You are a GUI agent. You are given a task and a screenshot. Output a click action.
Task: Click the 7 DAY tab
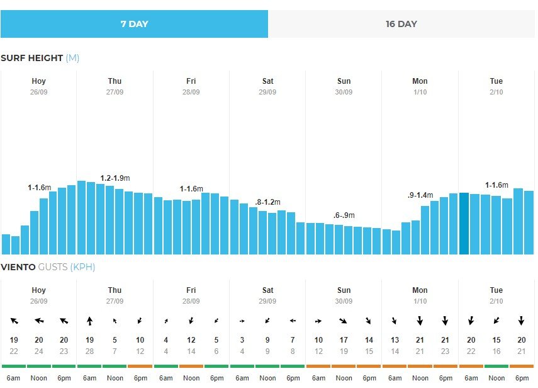134,25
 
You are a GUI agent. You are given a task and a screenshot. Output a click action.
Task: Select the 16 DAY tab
401,25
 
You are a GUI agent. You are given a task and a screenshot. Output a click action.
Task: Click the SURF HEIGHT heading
31,58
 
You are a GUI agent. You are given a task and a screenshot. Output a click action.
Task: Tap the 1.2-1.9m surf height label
115,178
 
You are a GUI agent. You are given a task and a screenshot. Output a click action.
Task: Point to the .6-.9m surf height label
344,215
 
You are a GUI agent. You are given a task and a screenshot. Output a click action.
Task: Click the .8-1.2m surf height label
267,202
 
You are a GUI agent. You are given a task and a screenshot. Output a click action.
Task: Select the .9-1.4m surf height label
420,196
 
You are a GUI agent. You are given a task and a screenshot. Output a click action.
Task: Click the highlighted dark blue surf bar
464,224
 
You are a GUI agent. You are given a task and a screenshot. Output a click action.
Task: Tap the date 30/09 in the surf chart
344,92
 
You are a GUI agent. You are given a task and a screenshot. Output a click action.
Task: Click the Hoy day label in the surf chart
39,81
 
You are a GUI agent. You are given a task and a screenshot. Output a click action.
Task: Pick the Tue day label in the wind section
496,290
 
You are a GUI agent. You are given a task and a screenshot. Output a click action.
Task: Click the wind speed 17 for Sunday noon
344,340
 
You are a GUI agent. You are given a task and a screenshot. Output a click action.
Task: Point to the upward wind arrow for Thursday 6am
89,321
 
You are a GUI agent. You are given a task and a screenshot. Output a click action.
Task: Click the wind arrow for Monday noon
420,321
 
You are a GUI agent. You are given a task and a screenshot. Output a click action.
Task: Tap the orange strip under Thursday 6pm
140,366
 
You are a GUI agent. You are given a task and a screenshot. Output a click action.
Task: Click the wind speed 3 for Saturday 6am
242,340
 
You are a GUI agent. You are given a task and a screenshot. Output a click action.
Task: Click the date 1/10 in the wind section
420,301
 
